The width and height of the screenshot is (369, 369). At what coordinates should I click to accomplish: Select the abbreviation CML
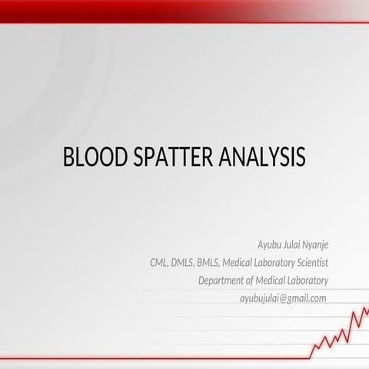pyautogui.click(x=161, y=263)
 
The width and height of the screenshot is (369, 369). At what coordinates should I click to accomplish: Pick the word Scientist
pyautogui.click(x=309, y=263)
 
